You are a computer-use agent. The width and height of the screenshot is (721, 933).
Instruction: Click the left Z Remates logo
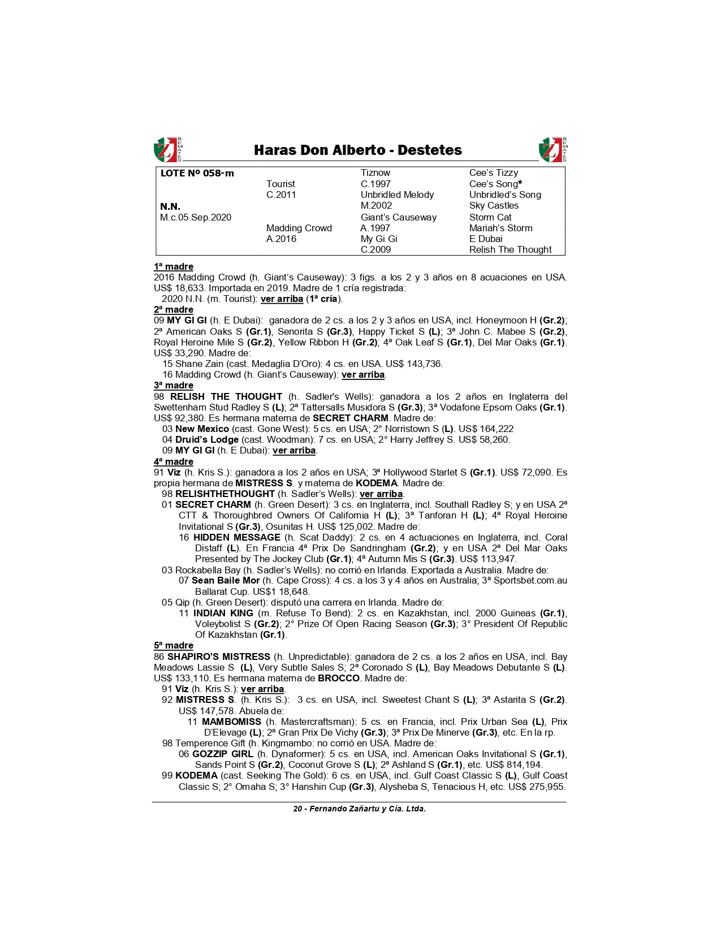[x=167, y=150]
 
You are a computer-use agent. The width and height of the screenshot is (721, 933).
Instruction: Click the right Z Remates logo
[x=552, y=150]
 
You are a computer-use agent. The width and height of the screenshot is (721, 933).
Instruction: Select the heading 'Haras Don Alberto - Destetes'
[x=357, y=150]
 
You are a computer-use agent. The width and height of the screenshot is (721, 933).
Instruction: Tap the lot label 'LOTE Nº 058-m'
[x=197, y=173]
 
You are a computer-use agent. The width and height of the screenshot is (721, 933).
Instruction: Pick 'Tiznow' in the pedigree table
[x=375, y=173]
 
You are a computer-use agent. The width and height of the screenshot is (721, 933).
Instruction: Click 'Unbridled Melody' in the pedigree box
[x=397, y=195]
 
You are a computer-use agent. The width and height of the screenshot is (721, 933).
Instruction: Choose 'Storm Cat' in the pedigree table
[x=490, y=217]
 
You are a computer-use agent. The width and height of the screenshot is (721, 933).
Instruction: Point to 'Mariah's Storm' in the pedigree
[x=500, y=228]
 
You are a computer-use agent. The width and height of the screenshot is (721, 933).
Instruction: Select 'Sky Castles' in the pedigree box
[x=494, y=206]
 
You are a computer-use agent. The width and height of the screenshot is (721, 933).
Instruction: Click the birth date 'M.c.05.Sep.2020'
[x=196, y=217]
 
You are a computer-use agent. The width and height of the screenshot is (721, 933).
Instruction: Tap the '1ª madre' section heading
[x=174, y=266]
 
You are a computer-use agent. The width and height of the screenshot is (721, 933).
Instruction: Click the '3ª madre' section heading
[x=174, y=385]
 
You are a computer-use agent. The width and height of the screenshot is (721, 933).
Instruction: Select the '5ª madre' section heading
[x=174, y=645]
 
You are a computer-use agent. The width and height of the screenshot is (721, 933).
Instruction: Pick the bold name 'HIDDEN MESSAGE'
[x=236, y=537]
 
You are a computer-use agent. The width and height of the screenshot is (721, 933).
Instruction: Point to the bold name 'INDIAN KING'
[x=223, y=613]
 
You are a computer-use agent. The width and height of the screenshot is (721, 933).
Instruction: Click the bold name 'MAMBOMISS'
[x=231, y=722]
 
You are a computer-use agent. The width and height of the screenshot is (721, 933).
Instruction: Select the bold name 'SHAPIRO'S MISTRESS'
[x=219, y=656]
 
